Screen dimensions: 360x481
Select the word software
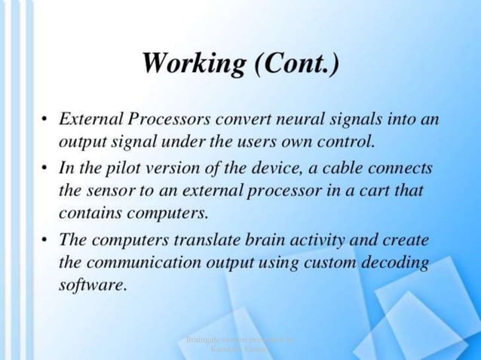pyautogui.click(x=89, y=287)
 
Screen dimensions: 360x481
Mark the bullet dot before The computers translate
pyautogui.click(x=46, y=242)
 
